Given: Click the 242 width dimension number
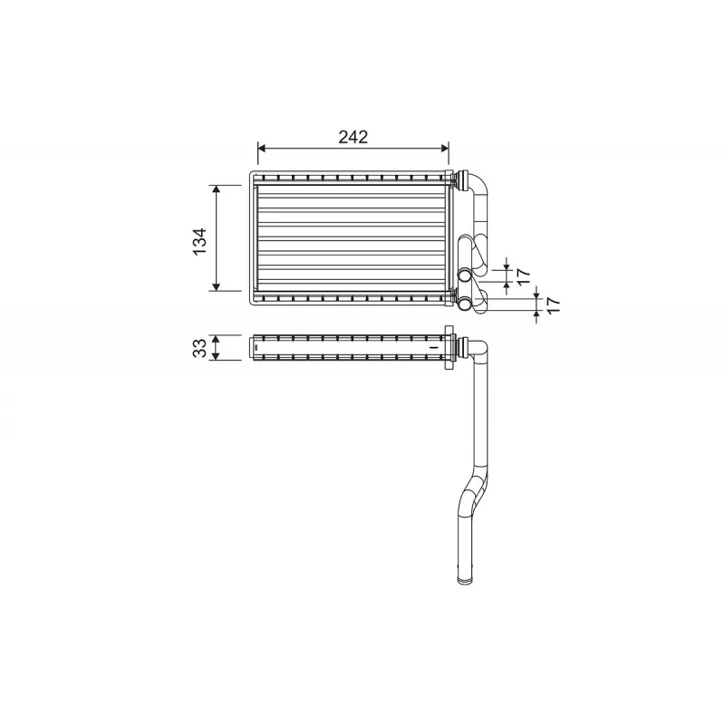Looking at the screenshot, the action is (x=353, y=137).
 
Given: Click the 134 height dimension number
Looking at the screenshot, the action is (x=199, y=241).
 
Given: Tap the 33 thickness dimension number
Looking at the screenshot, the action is (x=199, y=348).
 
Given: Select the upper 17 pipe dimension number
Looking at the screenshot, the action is (x=523, y=276).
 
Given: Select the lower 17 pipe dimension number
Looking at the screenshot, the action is (x=553, y=305).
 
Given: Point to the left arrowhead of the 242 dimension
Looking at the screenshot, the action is (x=262, y=148).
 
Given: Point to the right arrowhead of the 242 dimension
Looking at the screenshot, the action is (x=445, y=148).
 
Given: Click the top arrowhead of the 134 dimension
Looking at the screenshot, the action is (x=216, y=189).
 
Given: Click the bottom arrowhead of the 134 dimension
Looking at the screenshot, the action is (x=216, y=286).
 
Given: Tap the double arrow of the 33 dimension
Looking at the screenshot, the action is (x=216, y=348).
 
